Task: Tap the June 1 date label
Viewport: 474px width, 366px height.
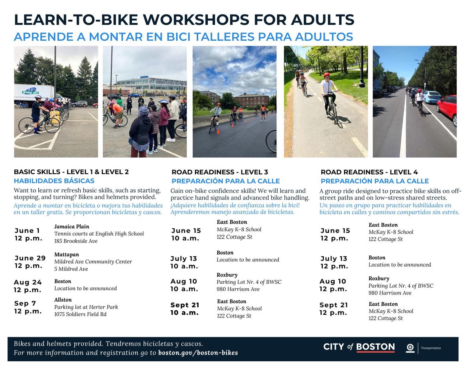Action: (28, 231)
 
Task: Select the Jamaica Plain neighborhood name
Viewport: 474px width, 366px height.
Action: (71, 227)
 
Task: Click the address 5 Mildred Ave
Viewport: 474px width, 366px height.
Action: (71, 269)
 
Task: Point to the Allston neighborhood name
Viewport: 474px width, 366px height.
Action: (63, 300)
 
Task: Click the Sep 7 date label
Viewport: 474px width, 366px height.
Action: (25, 304)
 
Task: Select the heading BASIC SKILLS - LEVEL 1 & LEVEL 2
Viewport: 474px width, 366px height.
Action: (71, 172)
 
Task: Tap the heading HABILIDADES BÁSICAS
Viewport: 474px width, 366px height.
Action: (54, 181)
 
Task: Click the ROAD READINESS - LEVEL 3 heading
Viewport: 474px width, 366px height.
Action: (220, 172)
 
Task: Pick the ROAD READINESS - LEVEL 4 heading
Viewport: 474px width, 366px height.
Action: (369, 172)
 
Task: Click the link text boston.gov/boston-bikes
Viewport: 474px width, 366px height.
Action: (198, 353)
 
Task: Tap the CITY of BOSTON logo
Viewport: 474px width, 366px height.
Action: (359, 347)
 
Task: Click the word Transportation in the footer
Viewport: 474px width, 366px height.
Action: (431, 348)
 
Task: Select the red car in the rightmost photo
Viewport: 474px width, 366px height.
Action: (447, 109)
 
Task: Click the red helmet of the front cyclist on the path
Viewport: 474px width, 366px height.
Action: (326, 75)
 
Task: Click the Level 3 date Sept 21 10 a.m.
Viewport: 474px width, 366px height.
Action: (185, 309)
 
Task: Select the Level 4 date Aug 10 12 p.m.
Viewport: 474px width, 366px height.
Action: (333, 285)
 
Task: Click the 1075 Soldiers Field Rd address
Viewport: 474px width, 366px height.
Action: (80, 314)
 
